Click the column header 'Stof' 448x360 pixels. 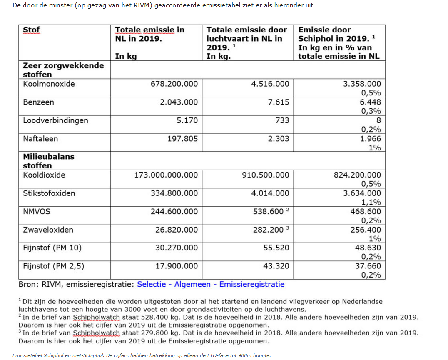tap(31, 30)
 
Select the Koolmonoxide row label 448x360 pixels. tap(49, 84)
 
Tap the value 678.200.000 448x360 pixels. tap(174, 84)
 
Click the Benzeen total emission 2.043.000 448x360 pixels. tap(179, 102)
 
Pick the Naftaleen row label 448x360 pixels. tap(40, 139)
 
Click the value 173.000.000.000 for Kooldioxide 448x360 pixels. tap(166, 175)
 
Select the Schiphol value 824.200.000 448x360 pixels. tap(357, 175)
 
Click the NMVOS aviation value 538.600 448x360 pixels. tap(268, 212)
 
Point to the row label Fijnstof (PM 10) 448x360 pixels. tap(52, 248)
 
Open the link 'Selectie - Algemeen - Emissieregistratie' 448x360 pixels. tap(211, 285)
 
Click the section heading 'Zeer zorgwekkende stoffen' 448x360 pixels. tap(63, 70)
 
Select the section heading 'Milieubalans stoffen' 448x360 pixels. tap(48, 161)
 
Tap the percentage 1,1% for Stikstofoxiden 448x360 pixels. tap(371, 202)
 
